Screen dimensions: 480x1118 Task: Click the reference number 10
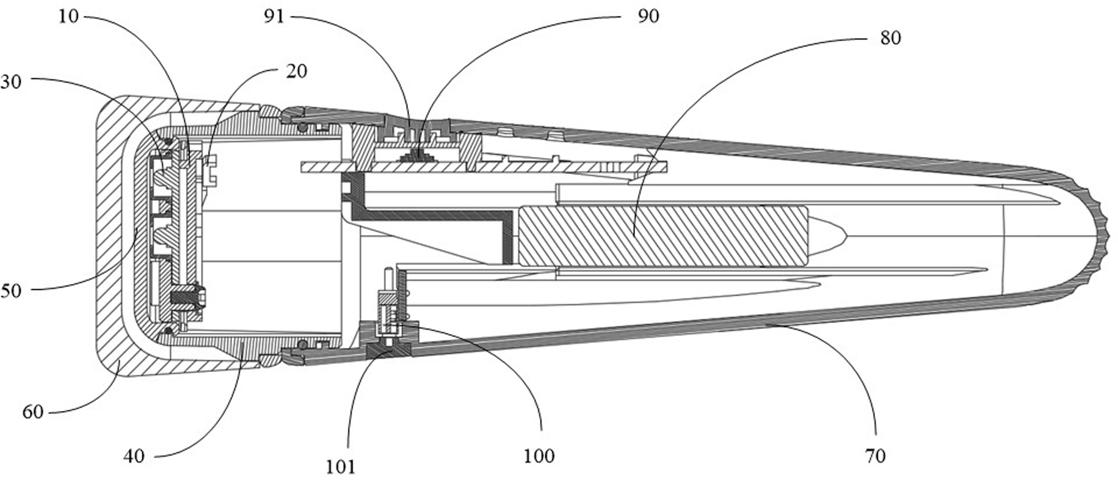point(68,16)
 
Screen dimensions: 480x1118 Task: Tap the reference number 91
point(274,16)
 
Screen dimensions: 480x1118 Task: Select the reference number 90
point(648,16)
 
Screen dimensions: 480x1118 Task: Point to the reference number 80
point(890,38)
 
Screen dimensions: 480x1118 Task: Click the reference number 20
point(296,71)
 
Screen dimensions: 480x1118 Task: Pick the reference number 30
point(10,81)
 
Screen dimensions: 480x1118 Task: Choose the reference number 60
point(33,412)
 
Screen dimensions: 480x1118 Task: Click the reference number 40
point(134,456)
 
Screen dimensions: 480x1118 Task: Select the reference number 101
point(340,467)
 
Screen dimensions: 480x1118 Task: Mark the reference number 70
point(875,456)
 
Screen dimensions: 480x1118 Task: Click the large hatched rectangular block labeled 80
point(662,236)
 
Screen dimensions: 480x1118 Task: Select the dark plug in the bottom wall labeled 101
point(389,351)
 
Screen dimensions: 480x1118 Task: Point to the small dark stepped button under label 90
point(419,155)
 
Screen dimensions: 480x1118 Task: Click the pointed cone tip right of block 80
point(830,236)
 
